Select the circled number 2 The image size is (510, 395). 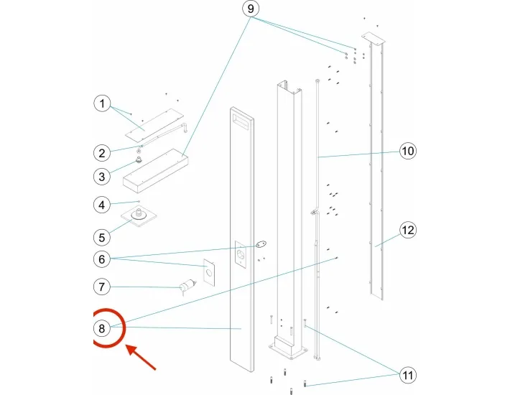(x=103, y=152)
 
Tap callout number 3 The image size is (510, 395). (x=103, y=176)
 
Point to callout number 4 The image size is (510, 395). (x=103, y=205)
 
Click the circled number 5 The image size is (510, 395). (x=103, y=235)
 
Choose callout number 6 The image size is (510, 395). (x=103, y=259)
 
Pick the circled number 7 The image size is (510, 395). (x=103, y=287)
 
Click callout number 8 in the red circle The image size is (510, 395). (x=103, y=329)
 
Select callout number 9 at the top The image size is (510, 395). (x=250, y=10)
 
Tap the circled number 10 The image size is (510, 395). (x=407, y=151)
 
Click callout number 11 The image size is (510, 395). (x=407, y=375)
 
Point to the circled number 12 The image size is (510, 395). (x=407, y=231)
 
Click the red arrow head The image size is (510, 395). (x=129, y=348)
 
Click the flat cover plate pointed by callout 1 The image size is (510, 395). (x=154, y=124)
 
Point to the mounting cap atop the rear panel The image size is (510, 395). (x=374, y=38)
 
